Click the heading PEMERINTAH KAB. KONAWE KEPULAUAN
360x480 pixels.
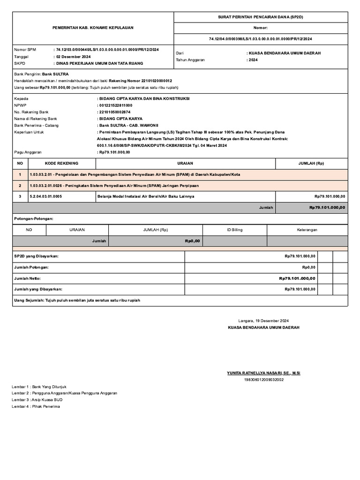coord(93,28)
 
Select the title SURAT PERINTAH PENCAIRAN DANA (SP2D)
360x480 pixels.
coord(261,17)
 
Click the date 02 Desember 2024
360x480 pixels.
coord(73,56)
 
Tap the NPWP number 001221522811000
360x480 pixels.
coord(115,105)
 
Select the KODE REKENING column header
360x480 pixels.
coord(61,163)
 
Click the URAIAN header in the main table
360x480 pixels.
coord(186,163)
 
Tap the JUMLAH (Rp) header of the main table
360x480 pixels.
coord(311,163)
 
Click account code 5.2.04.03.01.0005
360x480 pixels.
coord(45,196)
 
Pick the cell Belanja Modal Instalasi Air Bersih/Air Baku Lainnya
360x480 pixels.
coord(145,196)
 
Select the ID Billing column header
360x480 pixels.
coord(235,230)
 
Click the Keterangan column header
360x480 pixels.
coord(307,230)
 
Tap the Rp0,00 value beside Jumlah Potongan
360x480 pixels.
coord(308,267)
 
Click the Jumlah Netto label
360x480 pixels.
coord(28,278)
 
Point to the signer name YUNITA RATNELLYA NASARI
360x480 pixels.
coord(263,373)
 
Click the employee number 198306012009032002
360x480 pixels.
coord(263,380)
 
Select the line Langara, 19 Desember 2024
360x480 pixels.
coord(263,321)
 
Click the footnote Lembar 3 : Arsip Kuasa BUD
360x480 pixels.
coord(37,400)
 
